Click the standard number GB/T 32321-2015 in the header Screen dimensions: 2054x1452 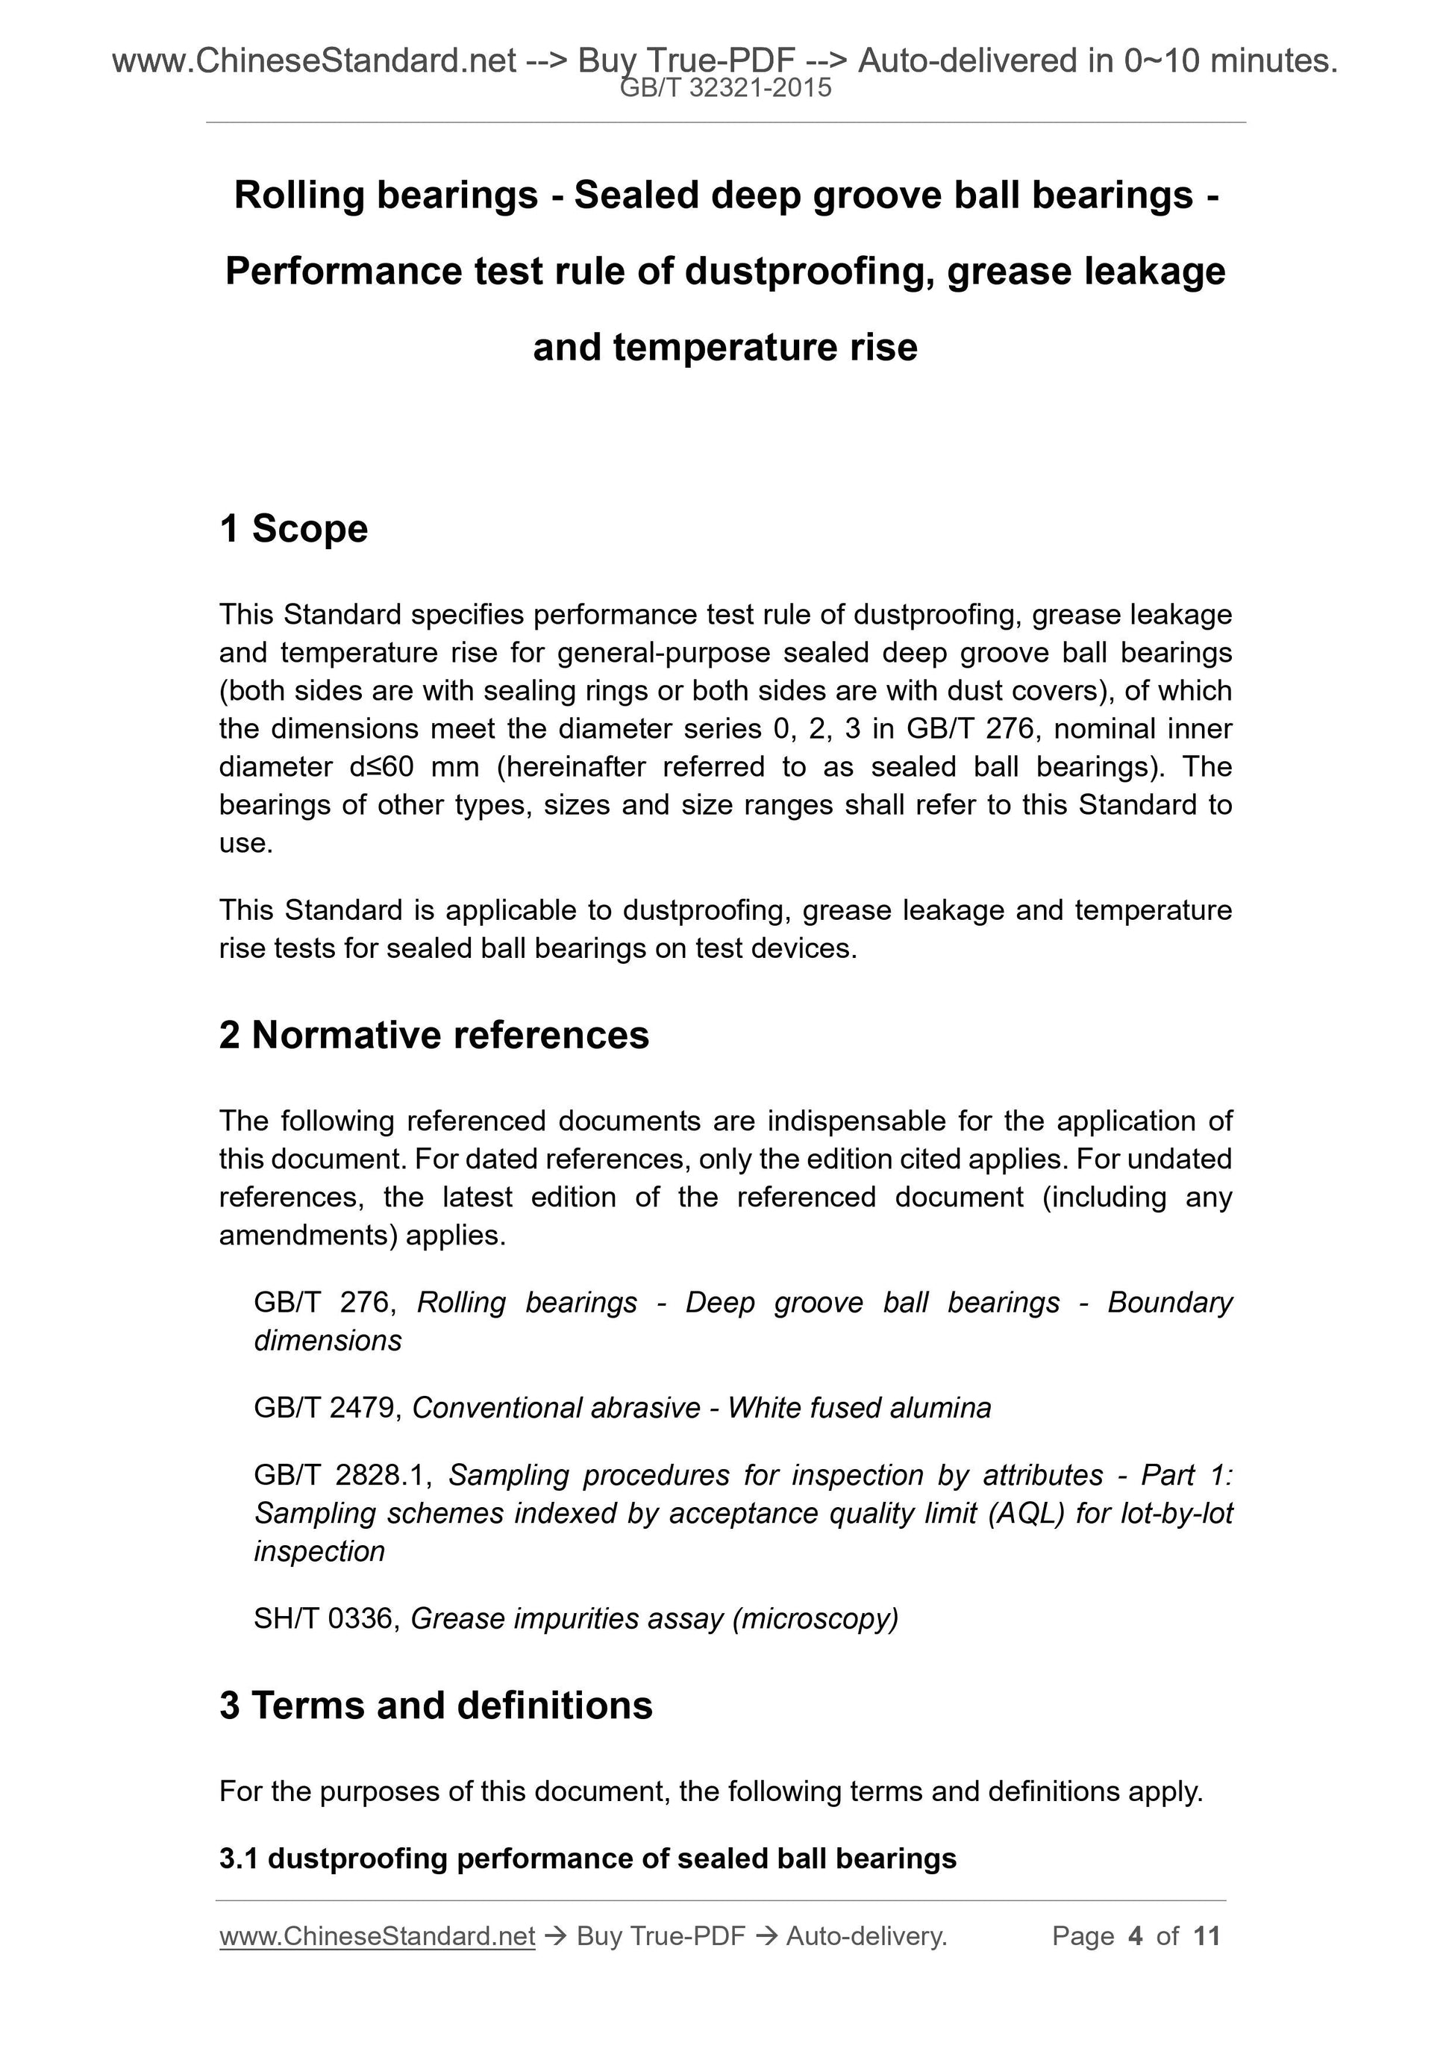(725, 88)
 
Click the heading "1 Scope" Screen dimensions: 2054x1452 (293, 529)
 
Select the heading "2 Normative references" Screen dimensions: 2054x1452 (434, 1035)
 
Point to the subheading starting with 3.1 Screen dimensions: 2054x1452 (588, 1858)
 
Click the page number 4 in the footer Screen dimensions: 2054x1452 (1136, 1936)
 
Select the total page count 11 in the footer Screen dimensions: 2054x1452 (1207, 1936)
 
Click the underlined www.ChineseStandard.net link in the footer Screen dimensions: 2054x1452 (377, 1936)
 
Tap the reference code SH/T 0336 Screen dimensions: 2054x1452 (323, 1618)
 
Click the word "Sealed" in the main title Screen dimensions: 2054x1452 (633, 195)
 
